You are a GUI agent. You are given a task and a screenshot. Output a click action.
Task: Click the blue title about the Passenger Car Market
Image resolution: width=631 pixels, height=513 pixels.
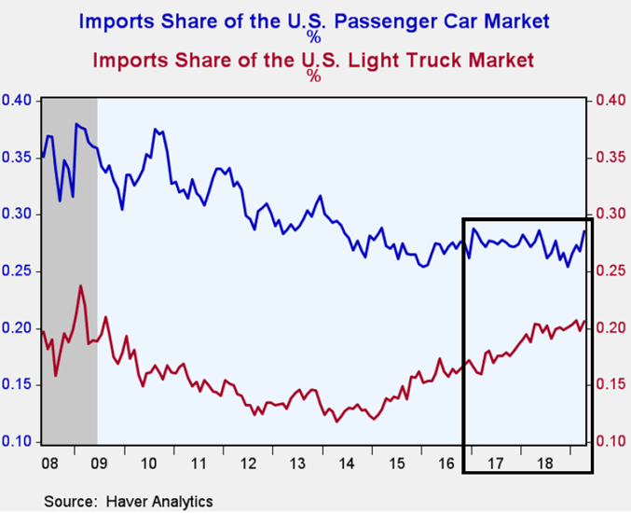tap(313, 20)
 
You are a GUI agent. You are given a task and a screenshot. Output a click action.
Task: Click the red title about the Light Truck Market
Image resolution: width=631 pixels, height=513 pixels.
tap(313, 62)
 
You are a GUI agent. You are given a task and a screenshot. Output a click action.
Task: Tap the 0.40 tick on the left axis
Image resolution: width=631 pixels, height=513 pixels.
tap(17, 101)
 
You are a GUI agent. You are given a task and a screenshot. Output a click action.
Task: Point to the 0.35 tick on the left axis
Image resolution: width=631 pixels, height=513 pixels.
tap(17, 158)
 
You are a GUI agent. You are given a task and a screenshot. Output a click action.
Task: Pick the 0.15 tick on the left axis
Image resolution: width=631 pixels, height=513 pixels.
tap(17, 385)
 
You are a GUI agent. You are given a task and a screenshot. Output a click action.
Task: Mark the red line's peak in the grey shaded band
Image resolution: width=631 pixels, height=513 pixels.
tap(81, 285)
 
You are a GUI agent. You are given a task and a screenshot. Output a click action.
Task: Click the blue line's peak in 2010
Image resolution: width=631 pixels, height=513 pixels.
tap(155, 129)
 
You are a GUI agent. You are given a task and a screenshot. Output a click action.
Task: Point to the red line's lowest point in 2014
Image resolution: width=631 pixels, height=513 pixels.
tap(336, 421)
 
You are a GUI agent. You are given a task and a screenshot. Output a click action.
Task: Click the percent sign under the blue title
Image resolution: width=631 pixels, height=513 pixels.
tap(314, 38)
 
